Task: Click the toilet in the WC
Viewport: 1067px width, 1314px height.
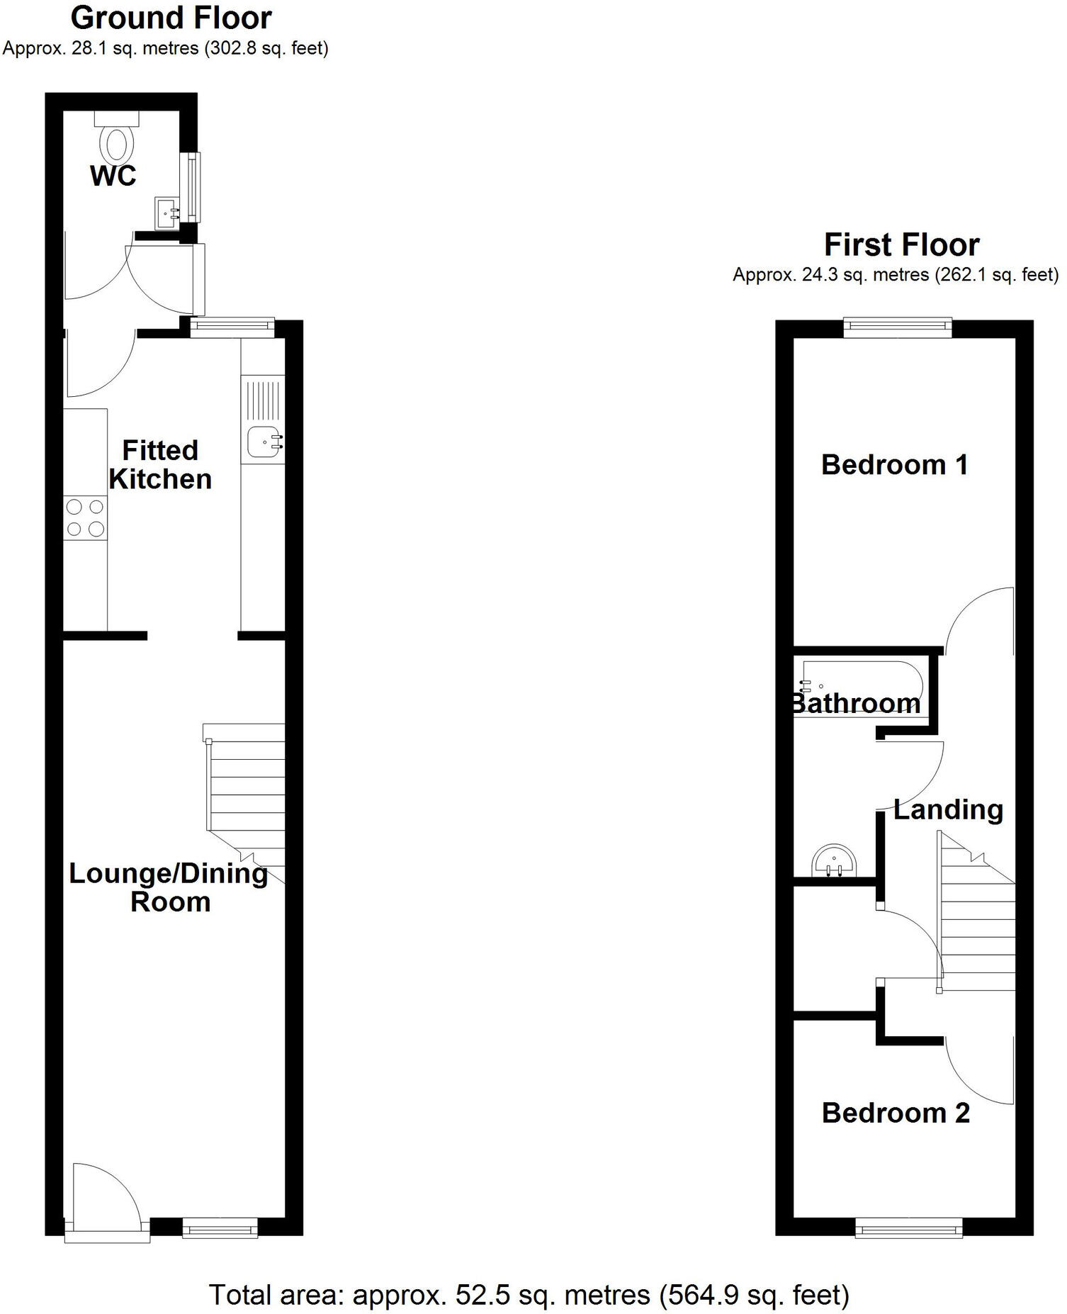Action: click(x=117, y=140)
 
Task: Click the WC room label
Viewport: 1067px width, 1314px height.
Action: click(x=113, y=176)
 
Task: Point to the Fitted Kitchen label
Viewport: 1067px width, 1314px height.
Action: click(x=160, y=465)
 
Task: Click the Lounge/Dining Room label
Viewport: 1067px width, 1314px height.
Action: click(x=169, y=887)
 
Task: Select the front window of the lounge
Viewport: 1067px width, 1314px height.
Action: click(x=220, y=1228)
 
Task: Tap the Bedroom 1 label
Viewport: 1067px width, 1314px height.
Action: click(x=894, y=465)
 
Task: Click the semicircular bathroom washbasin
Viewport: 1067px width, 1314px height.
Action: click(x=834, y=862)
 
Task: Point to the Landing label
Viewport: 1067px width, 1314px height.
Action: click(x=948, y=809)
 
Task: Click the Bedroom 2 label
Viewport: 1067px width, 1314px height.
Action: click(x=896, y=1113)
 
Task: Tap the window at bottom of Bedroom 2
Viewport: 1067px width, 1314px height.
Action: click(x=908, y=1228)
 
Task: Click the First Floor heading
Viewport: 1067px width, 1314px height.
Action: click(x=901, y=245)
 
